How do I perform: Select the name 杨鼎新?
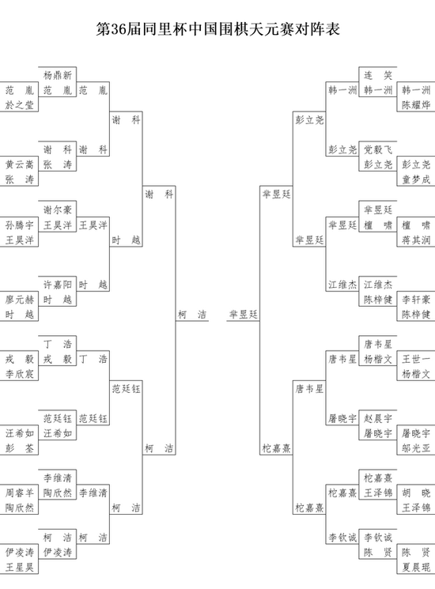58,75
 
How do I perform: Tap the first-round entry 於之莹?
20,105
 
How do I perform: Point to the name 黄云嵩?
20,164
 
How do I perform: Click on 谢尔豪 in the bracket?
58,210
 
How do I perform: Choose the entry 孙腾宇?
20,225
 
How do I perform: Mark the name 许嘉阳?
58,285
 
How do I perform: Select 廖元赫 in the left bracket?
20,300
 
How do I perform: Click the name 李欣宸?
20,374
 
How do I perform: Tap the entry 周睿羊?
20,493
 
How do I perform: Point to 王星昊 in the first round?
20,567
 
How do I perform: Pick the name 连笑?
378,75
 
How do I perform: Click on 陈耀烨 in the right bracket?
416,105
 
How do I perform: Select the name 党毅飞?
378,149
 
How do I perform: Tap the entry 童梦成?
416,179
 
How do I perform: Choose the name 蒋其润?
416,240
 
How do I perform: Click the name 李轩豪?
416,300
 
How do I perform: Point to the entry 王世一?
416,359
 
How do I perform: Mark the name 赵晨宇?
378,418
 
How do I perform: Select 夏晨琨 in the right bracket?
416,567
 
